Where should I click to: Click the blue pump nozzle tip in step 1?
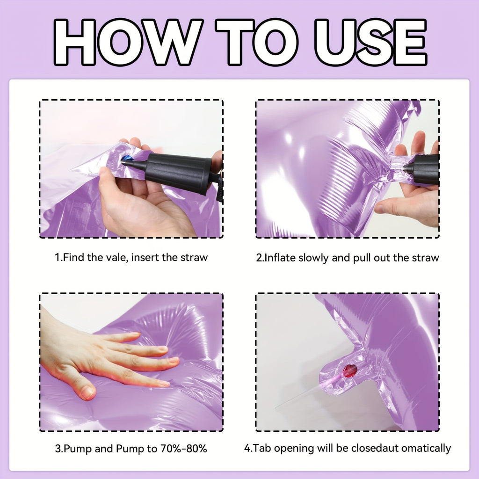coord(127,160)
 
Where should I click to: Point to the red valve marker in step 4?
coord(350,370)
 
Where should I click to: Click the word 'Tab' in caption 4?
coord(263,448)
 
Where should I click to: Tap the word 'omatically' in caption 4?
coord(427,448)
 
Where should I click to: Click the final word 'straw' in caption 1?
coord(194,257)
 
